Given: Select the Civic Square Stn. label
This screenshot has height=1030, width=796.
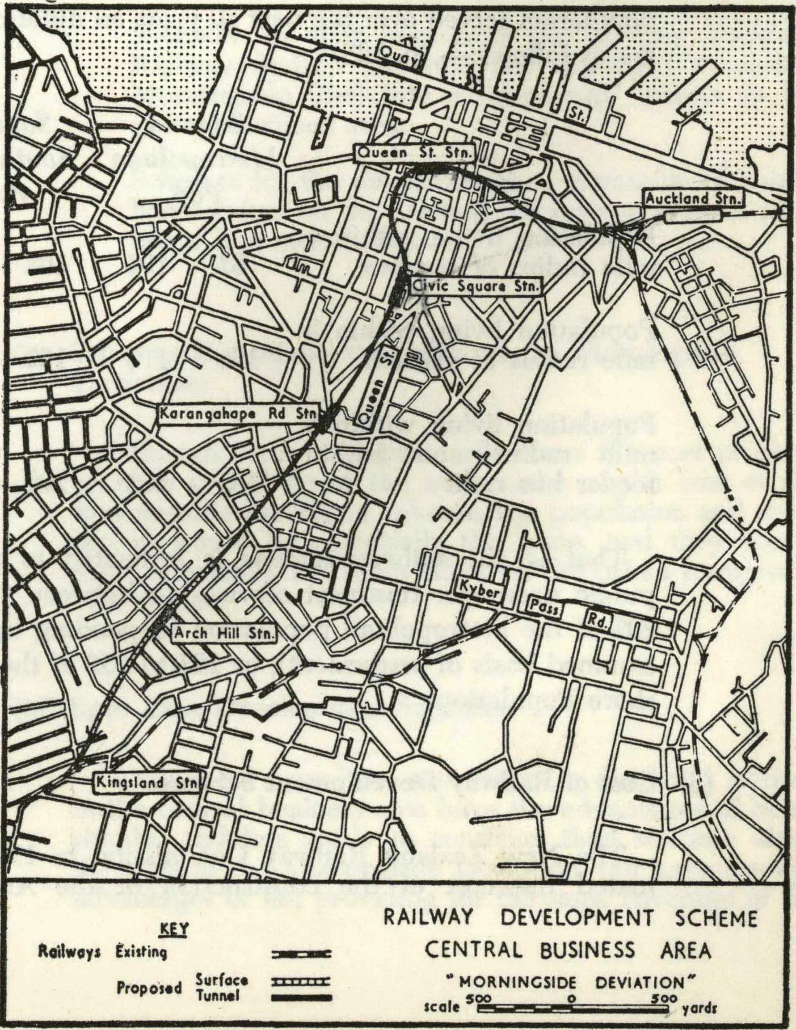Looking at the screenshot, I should pos(475,286).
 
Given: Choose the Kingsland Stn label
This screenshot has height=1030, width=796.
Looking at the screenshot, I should pos(146,782).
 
